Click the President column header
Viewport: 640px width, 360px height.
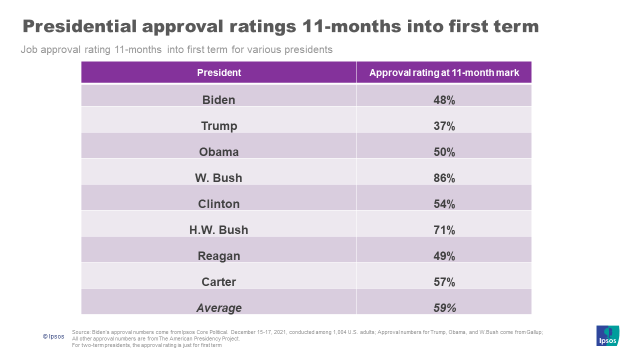pos(219,72)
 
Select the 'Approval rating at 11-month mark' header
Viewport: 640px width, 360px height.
pos(444,72)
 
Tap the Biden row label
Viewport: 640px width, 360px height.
pos(218,100)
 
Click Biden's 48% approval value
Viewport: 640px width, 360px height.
pos(444,100)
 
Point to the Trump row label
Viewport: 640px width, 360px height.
pos(218,126)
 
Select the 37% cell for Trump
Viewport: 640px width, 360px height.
pos(444,126)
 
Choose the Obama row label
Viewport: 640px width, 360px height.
pos(218,152)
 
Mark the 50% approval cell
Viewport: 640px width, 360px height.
pos(444,152)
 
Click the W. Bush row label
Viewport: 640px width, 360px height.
pos(218,178)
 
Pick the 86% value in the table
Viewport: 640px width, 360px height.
pos(444,178)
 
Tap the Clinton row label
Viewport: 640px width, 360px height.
pos(218,204)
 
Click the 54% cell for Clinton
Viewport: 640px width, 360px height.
pos(444,204)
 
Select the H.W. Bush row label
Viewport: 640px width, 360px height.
pos(218,230)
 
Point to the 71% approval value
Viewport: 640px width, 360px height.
pos(444,230)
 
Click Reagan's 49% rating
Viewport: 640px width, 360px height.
pos(444,256)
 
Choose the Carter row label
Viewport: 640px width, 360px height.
pos(218,282)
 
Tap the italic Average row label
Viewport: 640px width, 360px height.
pos(218,308)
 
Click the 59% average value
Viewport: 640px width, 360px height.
pos(444,308)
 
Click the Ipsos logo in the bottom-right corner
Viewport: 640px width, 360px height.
pos(607,335)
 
